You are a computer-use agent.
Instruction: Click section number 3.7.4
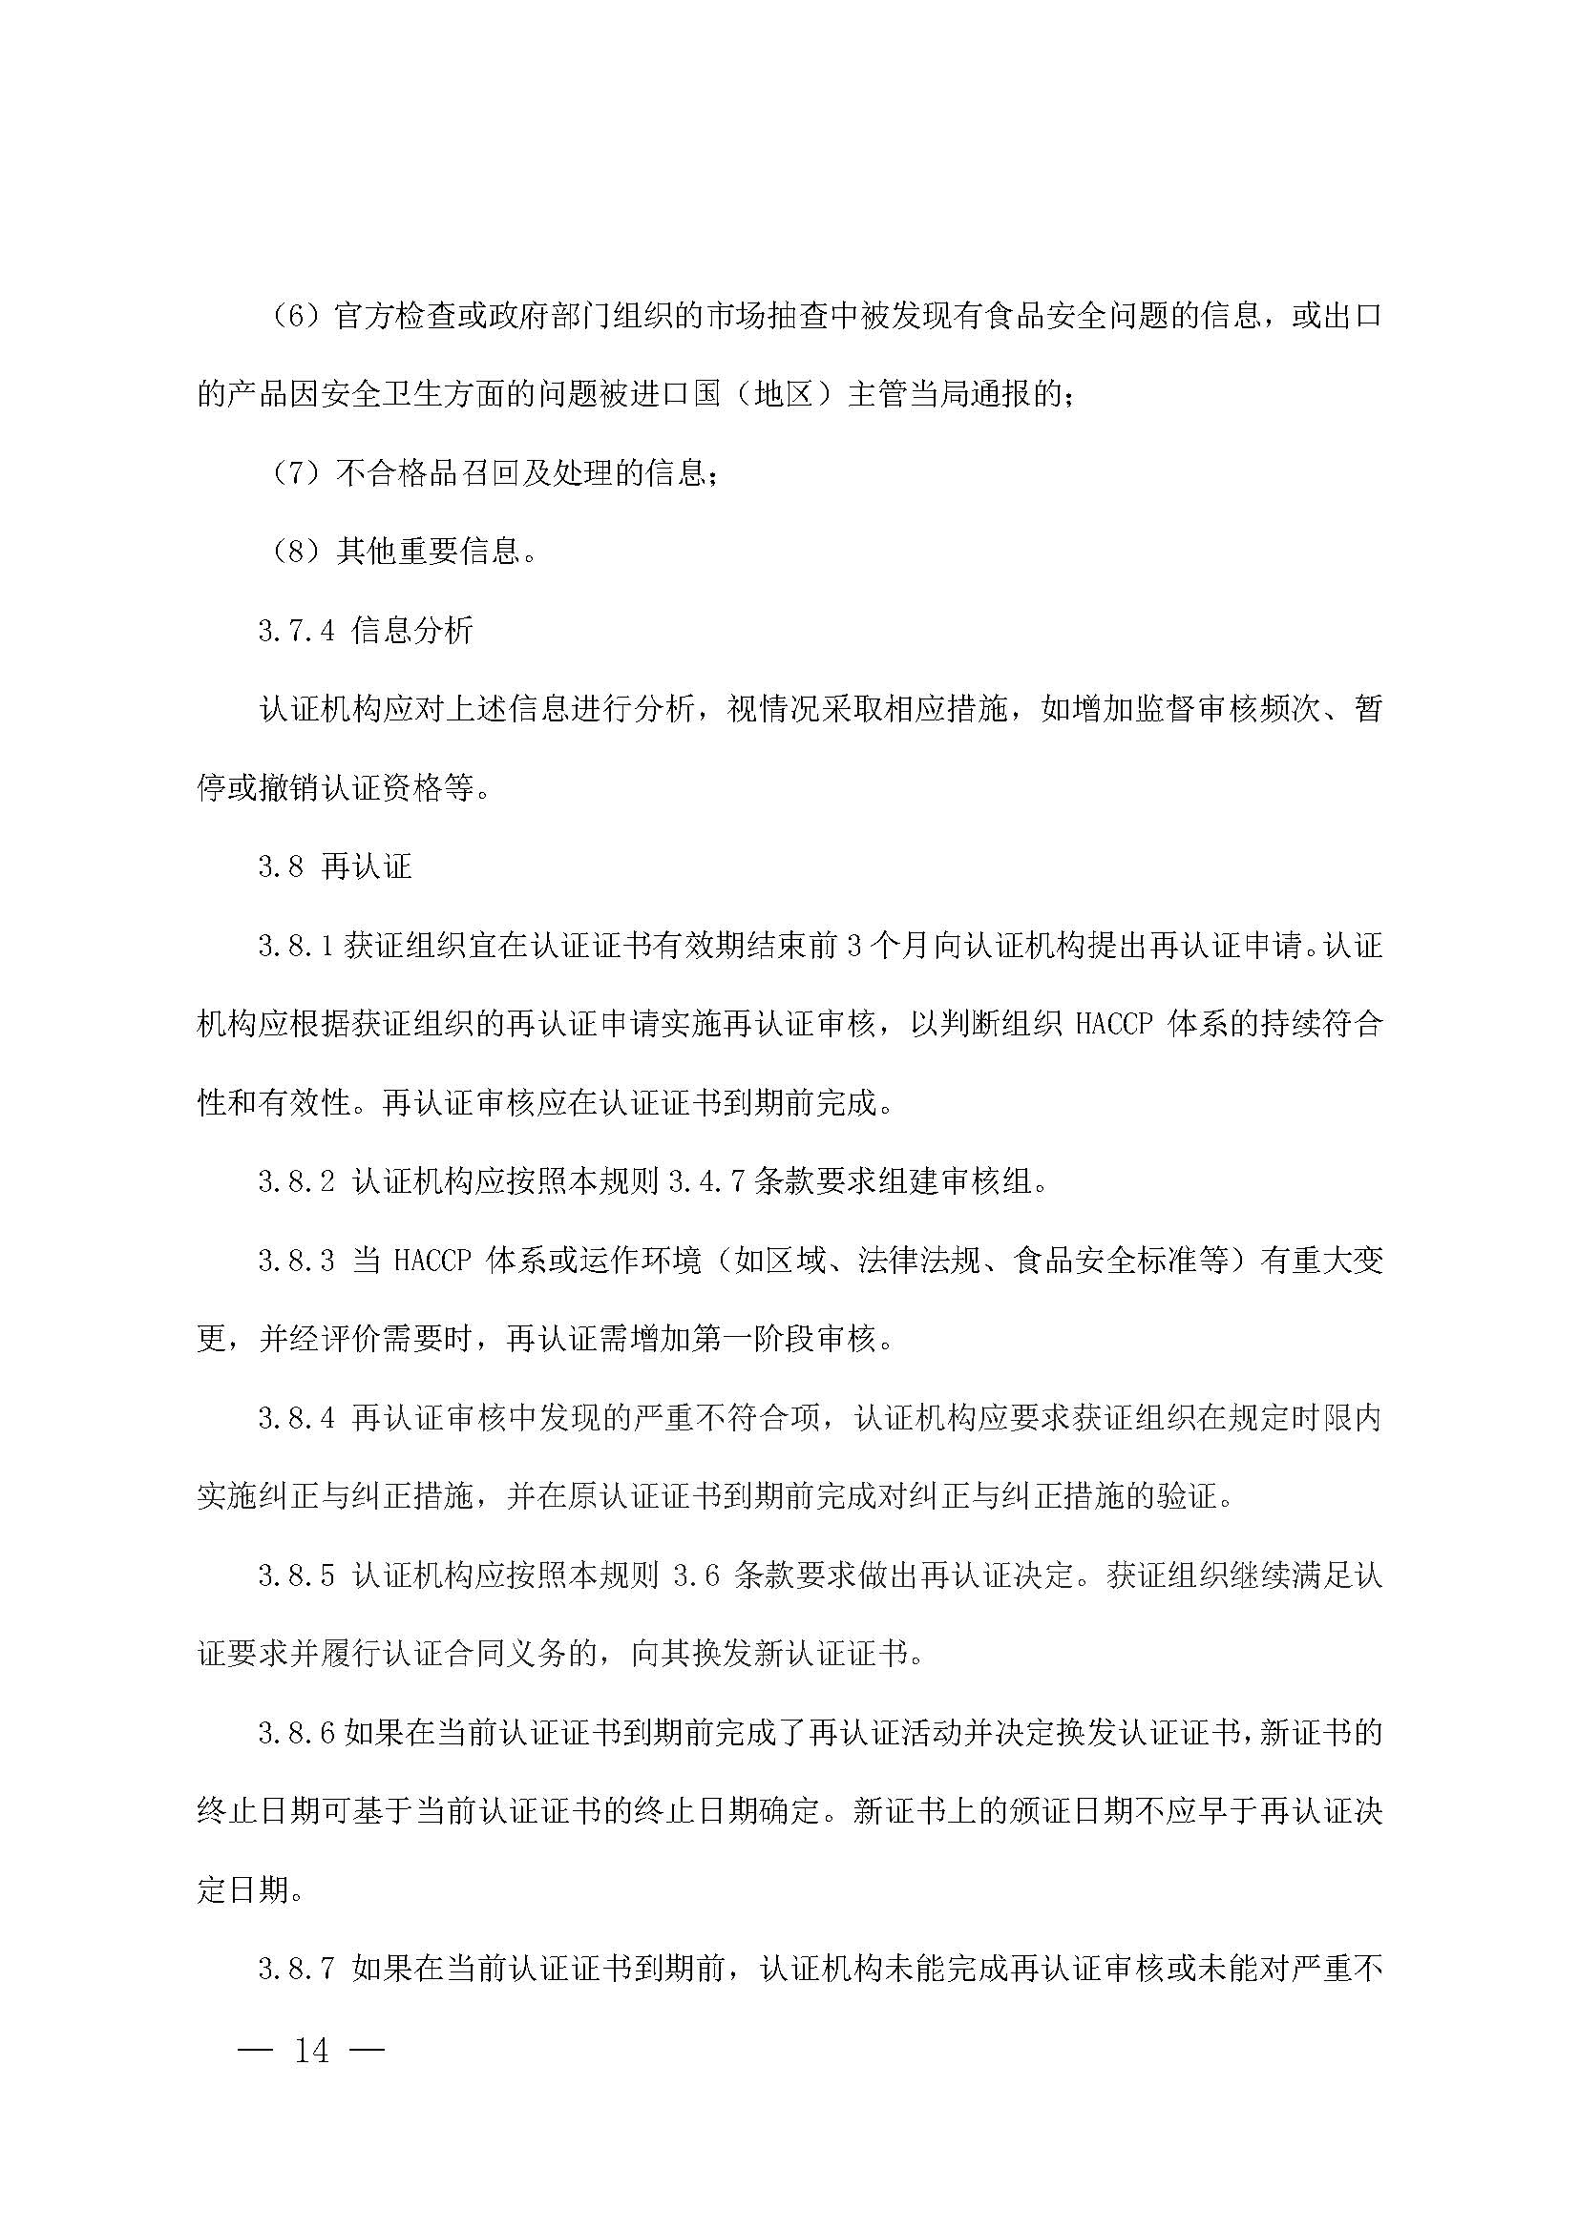pos(297,632)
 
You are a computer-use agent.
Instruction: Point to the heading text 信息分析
pos(412,632)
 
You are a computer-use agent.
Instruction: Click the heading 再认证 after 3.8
pos(367,867)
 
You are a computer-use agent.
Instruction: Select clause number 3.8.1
pos(297,947)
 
